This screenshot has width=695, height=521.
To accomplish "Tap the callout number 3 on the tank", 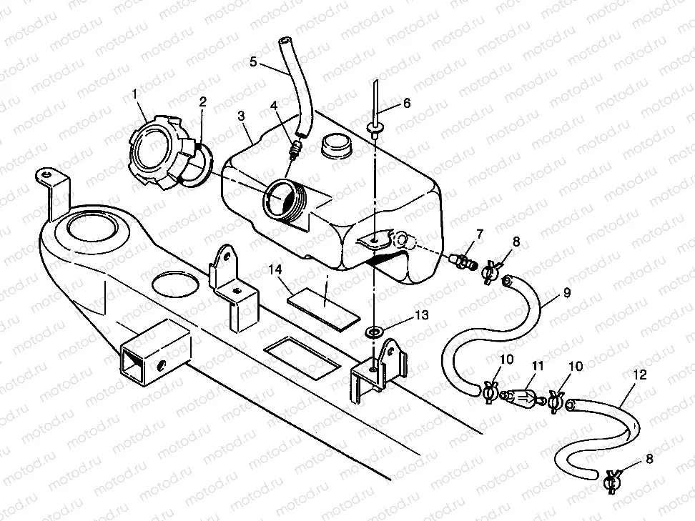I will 242,115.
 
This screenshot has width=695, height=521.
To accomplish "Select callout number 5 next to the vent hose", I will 253,61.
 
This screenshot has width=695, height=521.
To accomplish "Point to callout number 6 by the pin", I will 406,102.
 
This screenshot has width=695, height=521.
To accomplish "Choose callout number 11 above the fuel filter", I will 538,365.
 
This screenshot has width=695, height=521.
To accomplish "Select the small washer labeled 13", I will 374,332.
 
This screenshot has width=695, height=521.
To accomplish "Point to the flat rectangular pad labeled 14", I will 322,304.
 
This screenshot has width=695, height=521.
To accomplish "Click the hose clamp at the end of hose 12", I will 611,482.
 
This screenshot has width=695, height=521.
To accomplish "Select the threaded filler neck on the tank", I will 286,200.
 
